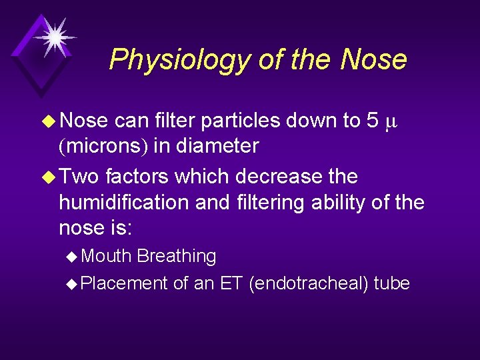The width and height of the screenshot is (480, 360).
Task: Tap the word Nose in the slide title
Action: coord(373,59)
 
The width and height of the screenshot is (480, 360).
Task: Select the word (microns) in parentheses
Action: coord(103,145)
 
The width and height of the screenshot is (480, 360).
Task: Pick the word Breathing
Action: coord(176,257)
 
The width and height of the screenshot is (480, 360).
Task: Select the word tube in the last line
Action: coord(391,283)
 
